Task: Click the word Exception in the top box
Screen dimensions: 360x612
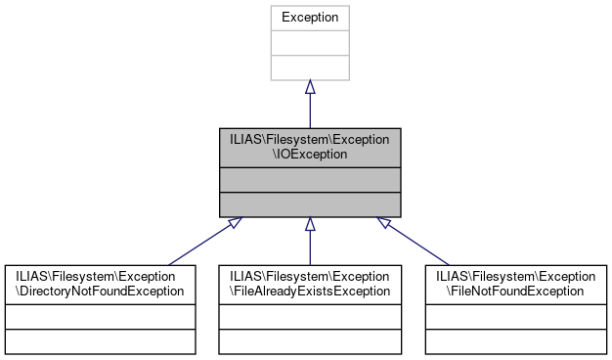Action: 309,18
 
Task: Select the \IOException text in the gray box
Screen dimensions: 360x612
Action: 309,155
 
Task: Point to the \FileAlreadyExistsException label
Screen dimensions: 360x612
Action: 310,291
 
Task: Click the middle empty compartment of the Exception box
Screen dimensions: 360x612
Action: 309,43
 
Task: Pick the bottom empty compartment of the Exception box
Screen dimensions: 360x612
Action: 309,67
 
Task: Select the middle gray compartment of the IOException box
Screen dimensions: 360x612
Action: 309,180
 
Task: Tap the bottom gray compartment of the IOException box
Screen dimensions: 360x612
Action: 309,204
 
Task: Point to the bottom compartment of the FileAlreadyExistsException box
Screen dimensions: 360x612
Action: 310,340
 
